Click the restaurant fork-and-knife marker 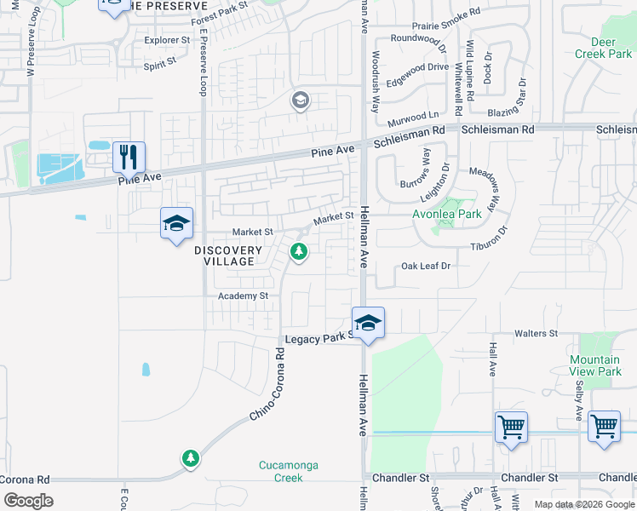tap(129, 157)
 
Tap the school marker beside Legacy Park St tap(368, 324)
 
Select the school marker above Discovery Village tap(176, 224)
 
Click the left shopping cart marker tap(511, 427)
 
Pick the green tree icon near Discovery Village tap(299, 251)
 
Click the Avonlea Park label tap(447, 214)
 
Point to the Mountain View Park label tap(595, 366)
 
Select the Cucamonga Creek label tap(280, 471)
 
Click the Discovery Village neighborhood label tap(228, 255)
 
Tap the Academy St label tap(243, 296)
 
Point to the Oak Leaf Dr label tap(426, 266)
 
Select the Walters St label tap(536, 334)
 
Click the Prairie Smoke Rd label tap(445, 26)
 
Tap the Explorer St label tap(167, 40)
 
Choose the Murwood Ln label tap(415, 114)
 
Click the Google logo tap(28, 500)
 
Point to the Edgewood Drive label tap(417, 66)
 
